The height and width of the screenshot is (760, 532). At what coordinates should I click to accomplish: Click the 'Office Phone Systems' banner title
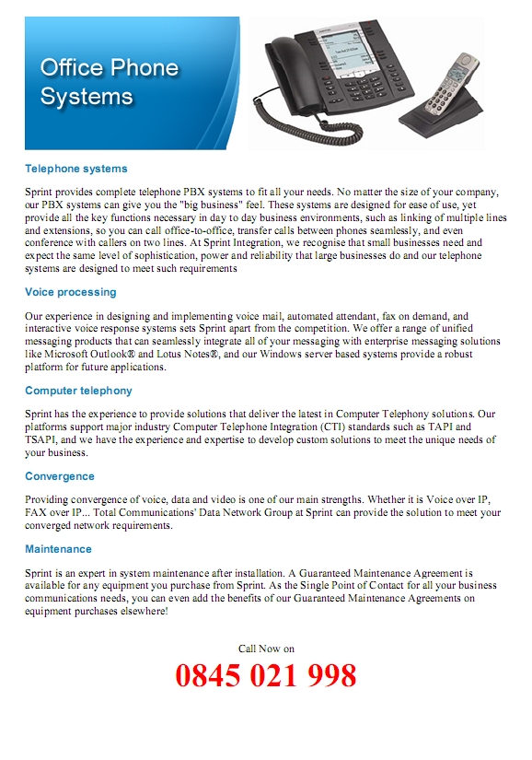click(109, 81)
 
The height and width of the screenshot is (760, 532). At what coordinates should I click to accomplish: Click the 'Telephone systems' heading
click(75, 169)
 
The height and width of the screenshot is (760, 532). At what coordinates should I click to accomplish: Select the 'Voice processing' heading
click(70, 292)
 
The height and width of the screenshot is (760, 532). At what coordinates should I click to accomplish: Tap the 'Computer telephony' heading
click(78, 391)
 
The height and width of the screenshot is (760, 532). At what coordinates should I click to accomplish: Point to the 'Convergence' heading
click(59, 476)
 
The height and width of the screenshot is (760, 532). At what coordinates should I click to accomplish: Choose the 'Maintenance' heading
click(58, 549)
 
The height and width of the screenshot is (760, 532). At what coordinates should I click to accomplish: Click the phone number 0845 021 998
click(265, 676)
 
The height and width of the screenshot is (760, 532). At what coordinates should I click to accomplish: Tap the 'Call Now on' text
click(266, 649)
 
